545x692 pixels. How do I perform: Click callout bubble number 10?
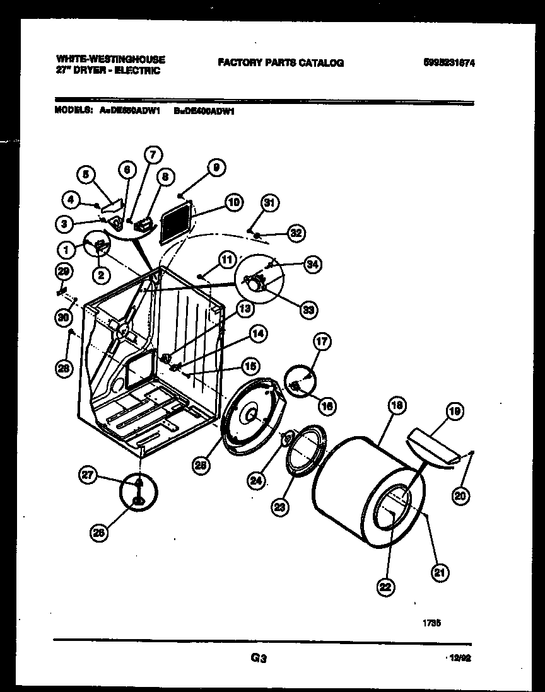(233, 202)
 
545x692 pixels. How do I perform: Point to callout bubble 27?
(88, 477)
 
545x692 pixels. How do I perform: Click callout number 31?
(269, 202)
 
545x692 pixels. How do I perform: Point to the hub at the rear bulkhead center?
(249, 415)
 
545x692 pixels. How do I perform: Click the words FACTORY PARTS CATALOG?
(281, 62)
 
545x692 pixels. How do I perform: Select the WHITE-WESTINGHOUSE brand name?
(110, 59)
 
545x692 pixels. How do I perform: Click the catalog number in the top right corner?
(450, 62)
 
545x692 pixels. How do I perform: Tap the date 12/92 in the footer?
(461, 658)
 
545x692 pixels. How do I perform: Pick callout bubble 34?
(310, 264)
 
